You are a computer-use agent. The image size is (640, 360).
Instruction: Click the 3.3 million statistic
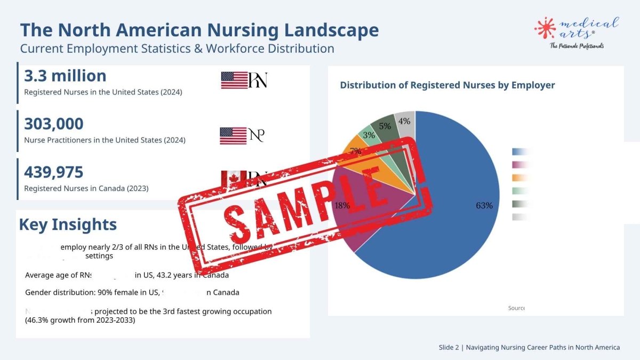coord(65,76)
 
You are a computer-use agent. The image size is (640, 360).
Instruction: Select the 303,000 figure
coord(53,124)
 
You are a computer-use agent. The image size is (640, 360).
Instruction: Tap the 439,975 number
coord(53,172)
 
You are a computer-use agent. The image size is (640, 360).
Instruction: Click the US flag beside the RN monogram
coord(234,80)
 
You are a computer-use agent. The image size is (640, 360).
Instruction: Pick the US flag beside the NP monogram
coord(233,135)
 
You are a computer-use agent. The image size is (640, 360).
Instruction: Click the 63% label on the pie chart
coord(484,205)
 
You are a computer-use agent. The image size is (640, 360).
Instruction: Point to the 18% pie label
coord(342,205)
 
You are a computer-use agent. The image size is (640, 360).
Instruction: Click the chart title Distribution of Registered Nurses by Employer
coord(447,85)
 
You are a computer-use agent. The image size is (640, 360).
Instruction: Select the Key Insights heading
coord(68,225)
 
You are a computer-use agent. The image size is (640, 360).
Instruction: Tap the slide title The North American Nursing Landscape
coord(199,30)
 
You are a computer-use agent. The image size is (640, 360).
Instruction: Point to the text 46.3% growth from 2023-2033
coord(80,321)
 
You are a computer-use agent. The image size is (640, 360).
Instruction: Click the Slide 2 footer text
coord(529,347)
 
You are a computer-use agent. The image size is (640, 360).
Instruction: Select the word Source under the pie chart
coord(516,308)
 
